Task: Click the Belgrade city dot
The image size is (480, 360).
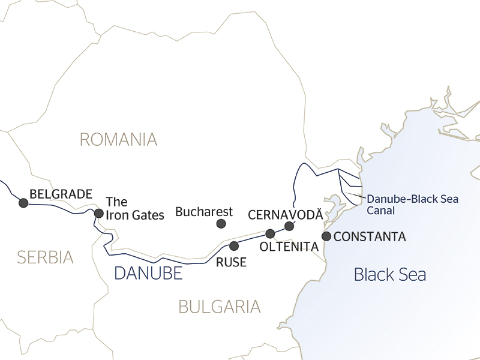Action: click(x=23, y=203)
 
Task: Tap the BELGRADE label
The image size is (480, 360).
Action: click(x=61, y=194)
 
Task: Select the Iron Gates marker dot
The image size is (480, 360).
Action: click(x=99, y=213)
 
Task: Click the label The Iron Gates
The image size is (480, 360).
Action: click(x=134, y=208)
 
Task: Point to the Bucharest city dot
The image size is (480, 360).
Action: click(x=221, y=224)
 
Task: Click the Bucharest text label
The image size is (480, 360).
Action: click(x=204, y=212)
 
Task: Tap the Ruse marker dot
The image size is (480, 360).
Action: click(x=234, y=245)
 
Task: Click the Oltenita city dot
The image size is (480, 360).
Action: click(x=270, y=233)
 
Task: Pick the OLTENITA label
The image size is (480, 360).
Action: click(x=289, y=247)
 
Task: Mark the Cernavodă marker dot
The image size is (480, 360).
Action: click(x=289, y=226)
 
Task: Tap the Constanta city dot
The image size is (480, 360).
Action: click(x=326, y=236)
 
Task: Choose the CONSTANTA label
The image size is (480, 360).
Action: click(x=370, y=237)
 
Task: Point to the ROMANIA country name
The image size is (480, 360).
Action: click(x=118, y=140)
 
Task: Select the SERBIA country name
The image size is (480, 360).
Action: click(x=45, y=257)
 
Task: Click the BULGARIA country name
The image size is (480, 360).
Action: click(x=220, y=307)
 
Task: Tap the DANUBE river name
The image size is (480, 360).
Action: click(x=148, y=274)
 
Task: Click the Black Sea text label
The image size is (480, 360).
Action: click(x=390, y=275)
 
